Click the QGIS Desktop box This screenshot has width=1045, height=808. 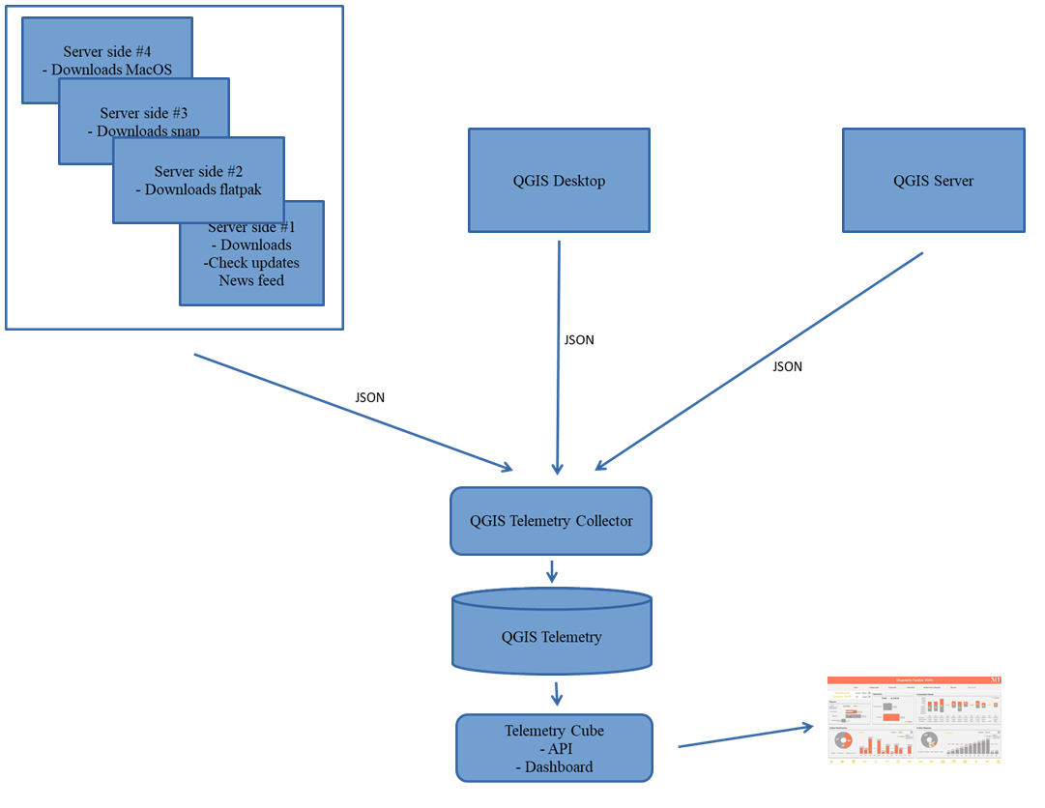click(x=559, y=181)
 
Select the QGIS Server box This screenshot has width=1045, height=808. click(x=933, y=181)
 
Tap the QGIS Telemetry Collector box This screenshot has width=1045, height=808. click(x=551, y=521)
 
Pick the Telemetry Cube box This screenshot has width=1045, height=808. click(x=554, y=748)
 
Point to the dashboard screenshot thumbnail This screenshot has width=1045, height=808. click(x=914, y=721)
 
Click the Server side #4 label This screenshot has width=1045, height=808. click(x=107, y=51)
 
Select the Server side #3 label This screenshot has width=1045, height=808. click(x=144, y=113)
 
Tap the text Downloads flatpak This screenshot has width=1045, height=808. click(x=202, y=189)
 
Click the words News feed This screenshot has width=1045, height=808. click(x=251, y=280)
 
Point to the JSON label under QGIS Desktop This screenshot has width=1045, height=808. click(x=579, y=340)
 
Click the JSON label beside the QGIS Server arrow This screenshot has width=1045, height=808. click(x=787, y=366)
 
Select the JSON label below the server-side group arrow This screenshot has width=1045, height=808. click(x=370, y=397)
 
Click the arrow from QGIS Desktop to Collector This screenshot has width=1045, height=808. click(x=558, y=358)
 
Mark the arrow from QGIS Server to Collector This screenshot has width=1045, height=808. click(x=759, y=361)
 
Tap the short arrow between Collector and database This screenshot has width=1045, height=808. click(x=551, y=571)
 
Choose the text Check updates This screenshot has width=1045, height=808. click(x=253, y=263)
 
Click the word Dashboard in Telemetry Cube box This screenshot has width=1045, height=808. click(x=559, y=766)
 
